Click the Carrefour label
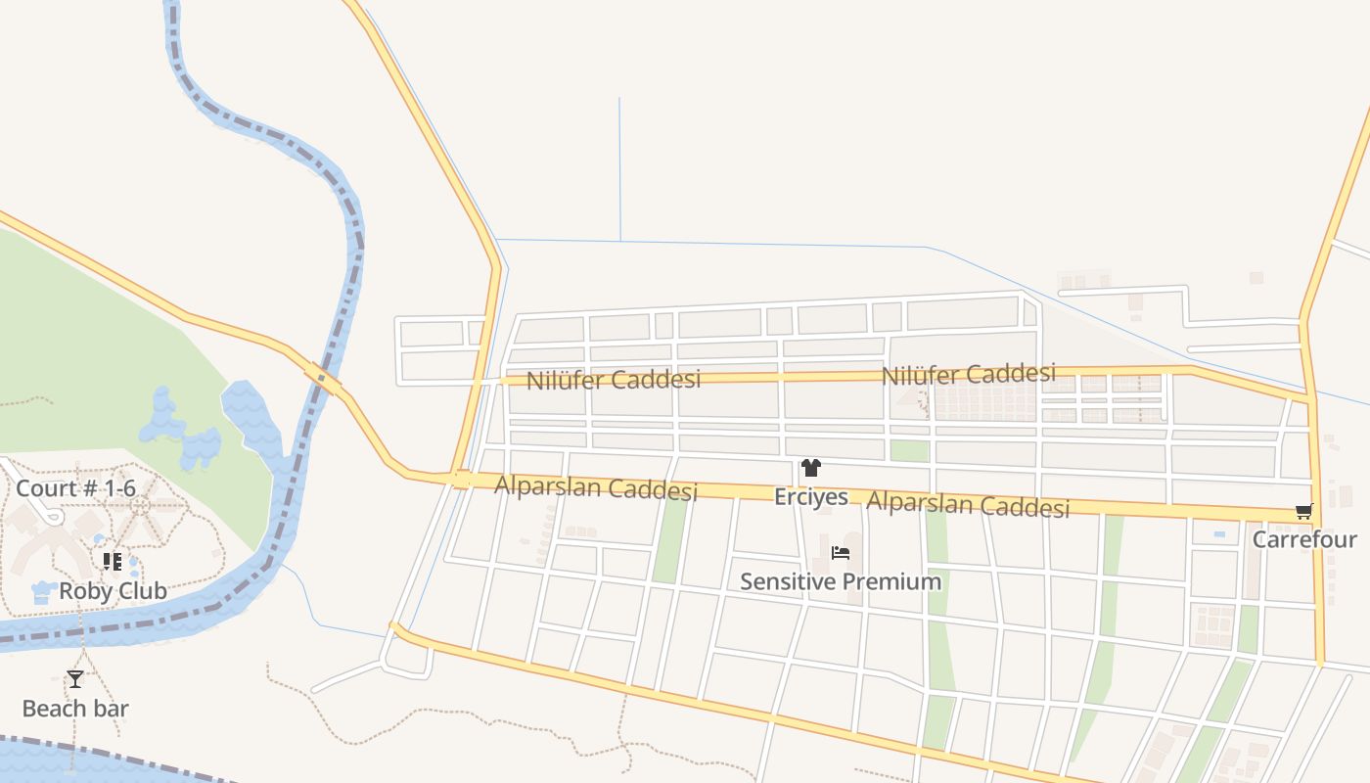click(x=1304, y=539)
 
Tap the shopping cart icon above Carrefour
click(x=1303, y=511)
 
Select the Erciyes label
click(x=810, y=497)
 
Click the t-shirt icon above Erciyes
click(x=810, y=468)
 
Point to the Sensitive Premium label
click(x=840, y=581)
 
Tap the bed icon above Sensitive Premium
click(x=840, y=553)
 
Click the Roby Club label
click(x=113, y=591)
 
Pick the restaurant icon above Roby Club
click(x=113, y=562)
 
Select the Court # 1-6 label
click(x=74, y=487)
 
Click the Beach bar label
click(x=75, y=709)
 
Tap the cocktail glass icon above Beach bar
click(x=75, y=678)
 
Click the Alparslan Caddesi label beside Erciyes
click(x=968, y=505)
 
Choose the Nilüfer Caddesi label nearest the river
click(x=614, y=380)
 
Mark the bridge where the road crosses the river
click(x=323, y=379)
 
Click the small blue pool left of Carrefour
click(x=1218, y=534)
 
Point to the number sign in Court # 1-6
click(x=90, y=487)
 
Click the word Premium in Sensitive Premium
click(x=892, y=581)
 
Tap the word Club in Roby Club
click(x=143, y=591)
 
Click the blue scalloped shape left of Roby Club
click(x=43, y=592)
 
